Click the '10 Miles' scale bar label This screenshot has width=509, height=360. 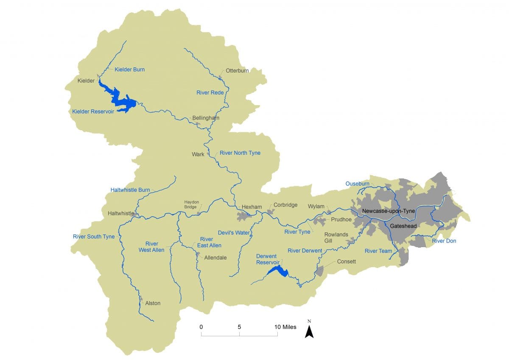tap(285, 327)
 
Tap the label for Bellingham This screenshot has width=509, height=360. tap(206, 118)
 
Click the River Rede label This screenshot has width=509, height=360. tap(210, 92)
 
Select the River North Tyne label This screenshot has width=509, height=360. tap(240, 153)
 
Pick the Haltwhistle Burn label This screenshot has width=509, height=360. tap(130, 190)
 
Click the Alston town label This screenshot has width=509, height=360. tap(153, 303)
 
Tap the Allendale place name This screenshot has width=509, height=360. tap(215, 257)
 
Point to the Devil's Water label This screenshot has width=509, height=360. tap(234, 233)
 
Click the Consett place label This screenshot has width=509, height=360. tap(347, 261)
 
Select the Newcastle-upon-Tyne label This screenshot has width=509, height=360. tap(389, 211)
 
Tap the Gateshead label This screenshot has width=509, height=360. tap(404, 226)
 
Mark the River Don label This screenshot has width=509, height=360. tap(444, 241)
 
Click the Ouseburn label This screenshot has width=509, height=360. tap(357, 184)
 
